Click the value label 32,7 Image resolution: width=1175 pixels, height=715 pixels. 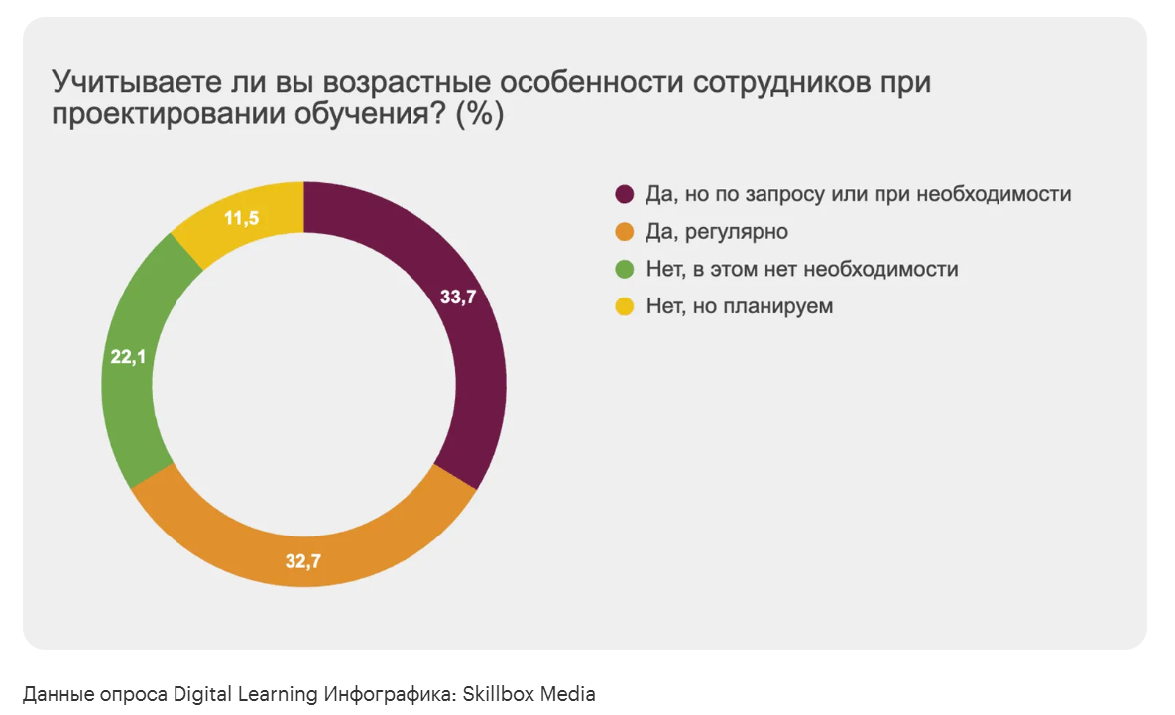(302, 562)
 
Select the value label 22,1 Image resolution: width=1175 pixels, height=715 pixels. (128, 357)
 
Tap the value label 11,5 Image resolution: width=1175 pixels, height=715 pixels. (241, 218)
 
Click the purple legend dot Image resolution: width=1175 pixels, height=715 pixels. (625, 195)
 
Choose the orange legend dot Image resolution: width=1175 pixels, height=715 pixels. (625, 233)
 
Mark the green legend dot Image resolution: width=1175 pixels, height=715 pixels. (625, 270)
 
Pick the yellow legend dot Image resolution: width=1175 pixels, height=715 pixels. (625, 307)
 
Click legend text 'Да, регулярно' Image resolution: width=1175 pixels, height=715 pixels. (717, 232)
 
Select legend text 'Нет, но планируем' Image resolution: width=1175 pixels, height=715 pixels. (740, 306)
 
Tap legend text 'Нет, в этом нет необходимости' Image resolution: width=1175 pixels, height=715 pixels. (802, 269)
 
